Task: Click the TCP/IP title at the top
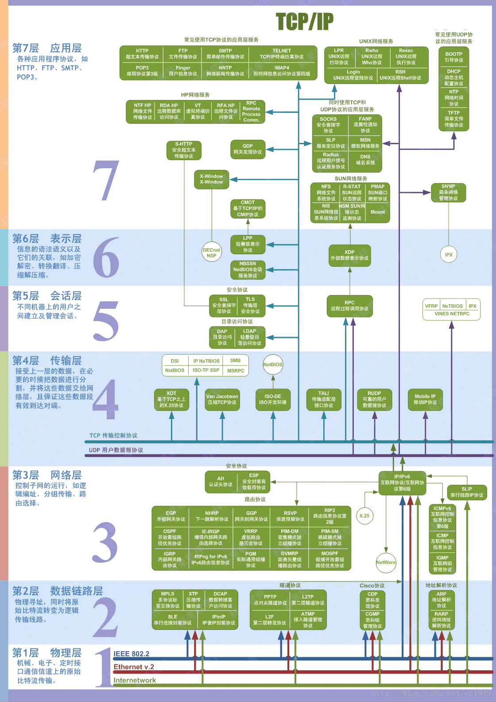(x=304, y=21)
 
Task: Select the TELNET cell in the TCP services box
(x=282, y=54)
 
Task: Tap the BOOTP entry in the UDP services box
(x=453, y=57)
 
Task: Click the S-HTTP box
(x=184, y=150)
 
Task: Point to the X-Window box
(x=211, y=179)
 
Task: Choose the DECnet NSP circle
(x=211, y=253)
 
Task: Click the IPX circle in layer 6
(x=449, y=254)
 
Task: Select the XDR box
(x=349, y=255)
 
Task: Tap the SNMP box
(x=448, y=192)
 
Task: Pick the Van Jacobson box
(x=222, y=399)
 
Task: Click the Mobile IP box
(x=425, y=399)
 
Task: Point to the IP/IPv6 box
(x=402, y=483)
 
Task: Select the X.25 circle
(x=364, y=516)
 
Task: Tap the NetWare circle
(x=386, y=562)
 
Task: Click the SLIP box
(x=467, y=492)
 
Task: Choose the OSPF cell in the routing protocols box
(x=170, y=537)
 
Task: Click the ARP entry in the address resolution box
(x=442, y=599)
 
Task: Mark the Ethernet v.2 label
(x=134, y=667)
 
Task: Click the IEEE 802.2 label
(x=131, y=654)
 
